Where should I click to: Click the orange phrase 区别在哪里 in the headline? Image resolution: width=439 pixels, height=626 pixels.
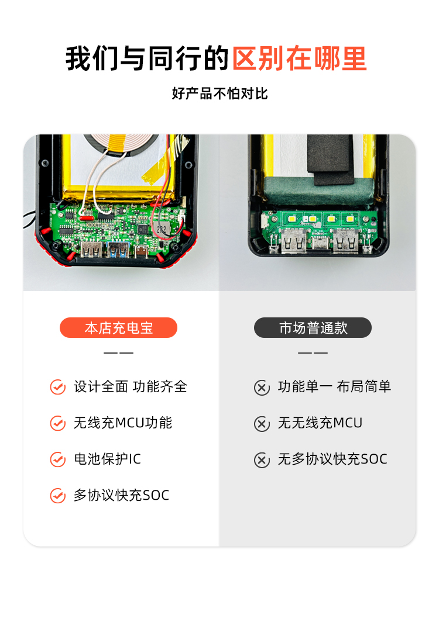299,58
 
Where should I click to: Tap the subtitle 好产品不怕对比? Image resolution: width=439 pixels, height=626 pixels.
220,94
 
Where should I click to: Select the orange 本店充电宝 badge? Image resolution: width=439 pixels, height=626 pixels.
118,328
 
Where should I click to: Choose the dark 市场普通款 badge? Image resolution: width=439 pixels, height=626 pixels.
313,328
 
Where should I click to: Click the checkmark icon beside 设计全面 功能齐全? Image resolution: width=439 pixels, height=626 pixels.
57,387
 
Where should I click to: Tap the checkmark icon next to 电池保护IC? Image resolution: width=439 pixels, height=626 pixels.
57,459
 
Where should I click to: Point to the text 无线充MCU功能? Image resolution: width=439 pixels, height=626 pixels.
123,423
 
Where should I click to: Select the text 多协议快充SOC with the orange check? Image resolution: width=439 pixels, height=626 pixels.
121,496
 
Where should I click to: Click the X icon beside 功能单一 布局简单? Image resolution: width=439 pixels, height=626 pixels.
262,387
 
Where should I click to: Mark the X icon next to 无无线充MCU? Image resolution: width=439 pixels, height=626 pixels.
262,424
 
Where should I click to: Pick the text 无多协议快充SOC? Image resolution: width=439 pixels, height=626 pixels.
332,459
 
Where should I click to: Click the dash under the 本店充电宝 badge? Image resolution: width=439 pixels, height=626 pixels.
118,352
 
